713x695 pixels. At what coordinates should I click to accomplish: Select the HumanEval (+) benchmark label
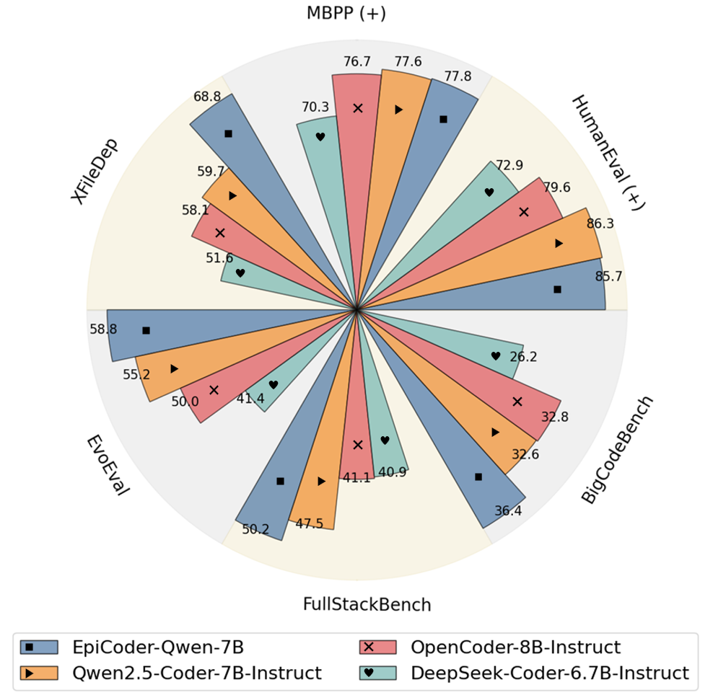608,152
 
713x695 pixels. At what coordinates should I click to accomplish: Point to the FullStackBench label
367,603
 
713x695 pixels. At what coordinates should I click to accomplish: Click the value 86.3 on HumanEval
600,223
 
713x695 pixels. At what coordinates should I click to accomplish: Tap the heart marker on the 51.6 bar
240,273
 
